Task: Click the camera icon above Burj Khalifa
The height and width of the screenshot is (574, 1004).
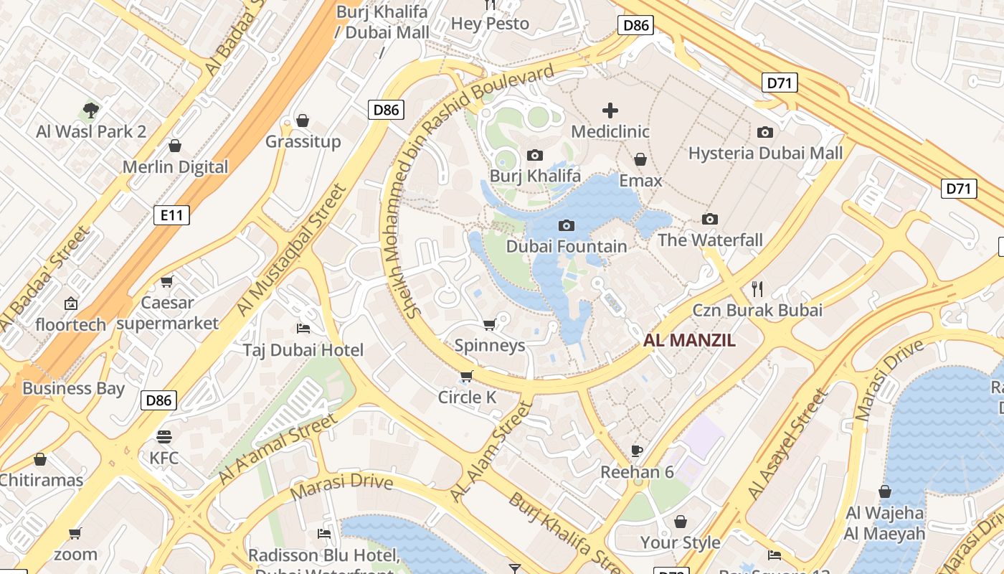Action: click(534, 155)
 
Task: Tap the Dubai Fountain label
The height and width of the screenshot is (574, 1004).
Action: click(566, 246)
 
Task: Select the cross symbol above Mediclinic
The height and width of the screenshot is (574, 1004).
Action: click(610, 110)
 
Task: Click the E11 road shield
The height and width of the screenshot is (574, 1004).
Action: click(171, 214)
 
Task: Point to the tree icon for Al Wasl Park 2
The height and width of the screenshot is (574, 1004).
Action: click(90, 110)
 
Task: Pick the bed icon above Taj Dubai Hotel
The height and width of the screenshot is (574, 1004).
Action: click(303, 329)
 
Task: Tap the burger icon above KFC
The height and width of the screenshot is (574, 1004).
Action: click(164, 436)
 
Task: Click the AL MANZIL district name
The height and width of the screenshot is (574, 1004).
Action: click(689, 340)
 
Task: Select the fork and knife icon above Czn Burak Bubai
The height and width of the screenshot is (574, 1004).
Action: click(757, 289)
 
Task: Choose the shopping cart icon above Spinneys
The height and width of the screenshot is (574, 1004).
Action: click(489, 325)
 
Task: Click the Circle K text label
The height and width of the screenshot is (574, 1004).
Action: click(467, 397)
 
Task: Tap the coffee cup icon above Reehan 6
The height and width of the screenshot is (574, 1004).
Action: click(636, 451)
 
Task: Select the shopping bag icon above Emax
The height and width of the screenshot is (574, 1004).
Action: click(640, 159)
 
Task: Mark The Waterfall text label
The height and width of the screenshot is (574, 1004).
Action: click(710, 240)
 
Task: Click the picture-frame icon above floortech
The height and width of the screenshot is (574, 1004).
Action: click(70, 304)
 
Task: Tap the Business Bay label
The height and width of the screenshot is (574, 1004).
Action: click(73, 388)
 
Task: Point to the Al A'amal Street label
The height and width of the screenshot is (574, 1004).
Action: click(277, 448)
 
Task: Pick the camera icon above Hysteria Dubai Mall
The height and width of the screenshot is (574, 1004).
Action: click(764, 132)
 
